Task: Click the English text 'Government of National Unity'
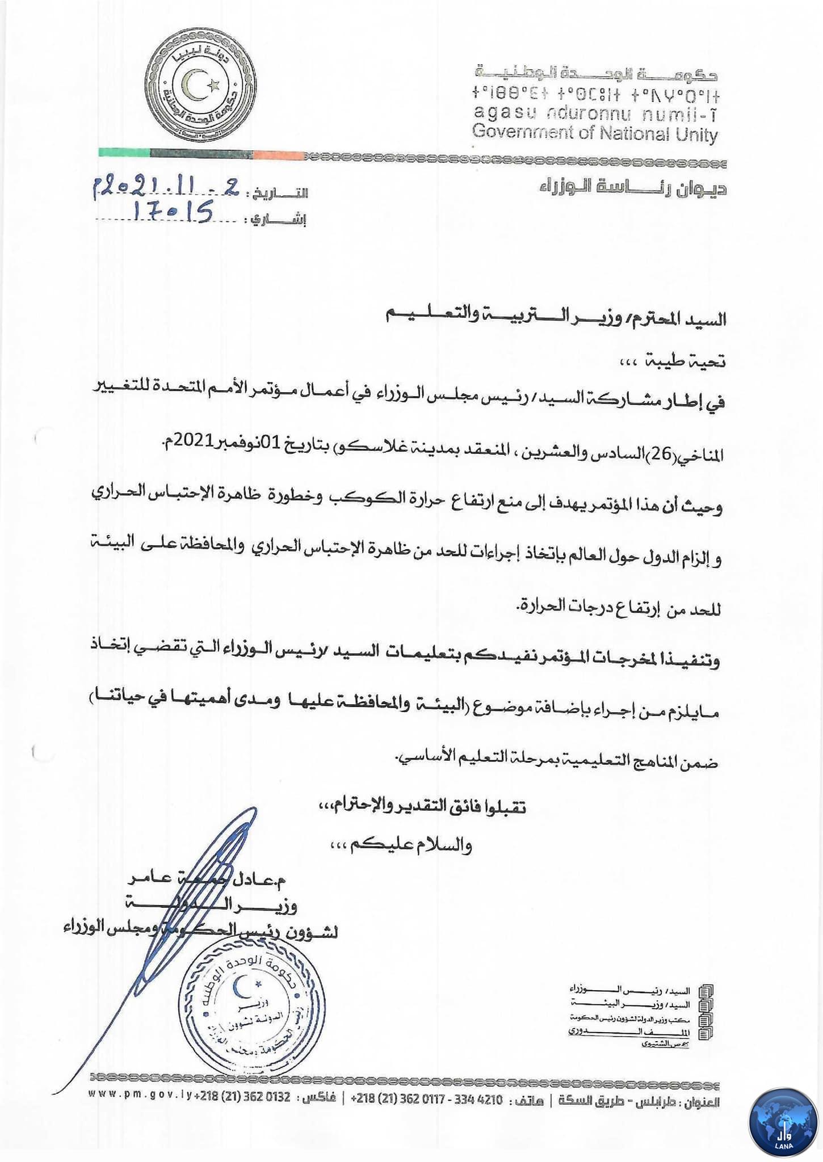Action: tap(595, 134)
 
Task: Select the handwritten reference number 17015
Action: tap(173, 214)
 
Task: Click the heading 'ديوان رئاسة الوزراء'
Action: tap(633, 188)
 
